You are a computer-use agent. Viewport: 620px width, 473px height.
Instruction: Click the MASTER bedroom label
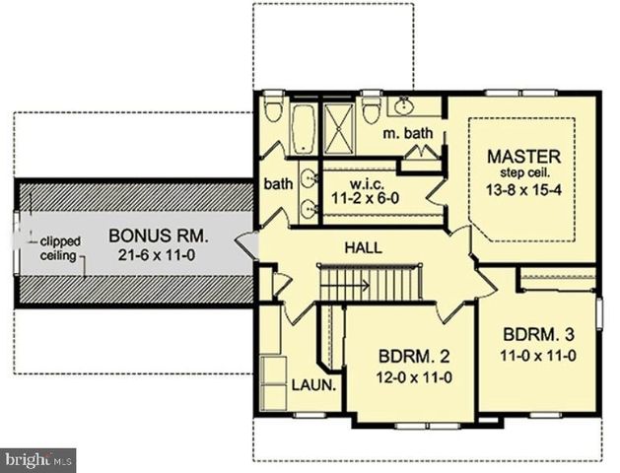click(x=523, y=157)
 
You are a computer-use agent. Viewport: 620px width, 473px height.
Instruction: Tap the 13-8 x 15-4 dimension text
click(x=523, y=190)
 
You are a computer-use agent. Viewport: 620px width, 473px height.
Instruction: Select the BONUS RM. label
click(x=158, y=236)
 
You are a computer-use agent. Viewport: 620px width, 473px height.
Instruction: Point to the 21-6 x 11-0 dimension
click(x=157, y=255)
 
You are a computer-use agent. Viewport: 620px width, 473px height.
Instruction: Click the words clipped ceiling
click(x=60, y=248)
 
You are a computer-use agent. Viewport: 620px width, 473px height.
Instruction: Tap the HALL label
click(x=364, y=248)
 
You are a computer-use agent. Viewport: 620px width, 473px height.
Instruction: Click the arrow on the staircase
click(x=345, y=285)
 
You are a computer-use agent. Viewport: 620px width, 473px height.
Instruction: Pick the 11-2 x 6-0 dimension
click(x=365, y=198)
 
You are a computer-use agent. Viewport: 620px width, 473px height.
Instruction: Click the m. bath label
click(x=408, y=133)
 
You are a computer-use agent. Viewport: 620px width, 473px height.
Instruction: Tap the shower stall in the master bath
click(x=339, y=128)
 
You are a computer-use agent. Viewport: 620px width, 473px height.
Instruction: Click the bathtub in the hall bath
click(x=304, y=128)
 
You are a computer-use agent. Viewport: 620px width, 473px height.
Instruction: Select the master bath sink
click(x=403, y=105)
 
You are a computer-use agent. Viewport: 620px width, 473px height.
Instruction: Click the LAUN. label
click(x=314, y=384)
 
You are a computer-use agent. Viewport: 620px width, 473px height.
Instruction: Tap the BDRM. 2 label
click(x=414, y=357)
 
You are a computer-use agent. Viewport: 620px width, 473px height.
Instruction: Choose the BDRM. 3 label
click(x=538, y=335)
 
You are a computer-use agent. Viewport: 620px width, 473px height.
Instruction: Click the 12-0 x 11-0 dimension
click(x=414, y=378)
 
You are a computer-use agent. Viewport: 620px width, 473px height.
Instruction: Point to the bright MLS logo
click(x=38, y=460)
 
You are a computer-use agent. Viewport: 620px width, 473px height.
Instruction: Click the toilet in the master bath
click(x=371, y=108)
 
